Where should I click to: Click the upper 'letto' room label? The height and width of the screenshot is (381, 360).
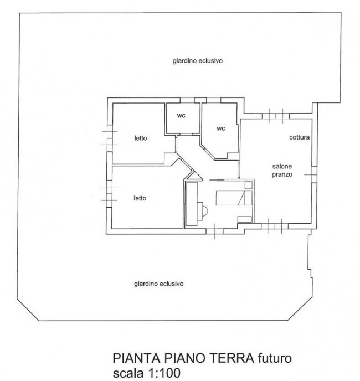pyautogui.click(x=140, y=138)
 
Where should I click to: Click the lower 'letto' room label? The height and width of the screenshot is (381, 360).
pyautogui.click(x=140, y=197)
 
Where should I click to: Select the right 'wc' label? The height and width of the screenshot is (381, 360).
pyautogui.click(x=220, y=128)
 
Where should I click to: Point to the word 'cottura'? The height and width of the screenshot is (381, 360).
pyautogui.click(x=299, y=137)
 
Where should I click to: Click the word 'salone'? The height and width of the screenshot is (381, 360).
pyautogui.click(x=281, y=166)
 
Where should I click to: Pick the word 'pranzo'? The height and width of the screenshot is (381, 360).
pyautogui.click(x=281, y=174)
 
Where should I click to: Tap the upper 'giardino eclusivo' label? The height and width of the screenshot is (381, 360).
pyautogui.click(x=197, y=61)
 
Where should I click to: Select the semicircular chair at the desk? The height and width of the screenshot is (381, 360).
pyautogui.click(x=203, y=211)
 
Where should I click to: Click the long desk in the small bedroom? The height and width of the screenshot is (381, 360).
pyautogui.click(x=192, y=204)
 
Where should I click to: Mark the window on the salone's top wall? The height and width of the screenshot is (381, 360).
pyautogui.click(x=275, y=116)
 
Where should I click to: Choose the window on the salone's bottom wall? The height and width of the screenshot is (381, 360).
pyautogui.click(x=275, y=225)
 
